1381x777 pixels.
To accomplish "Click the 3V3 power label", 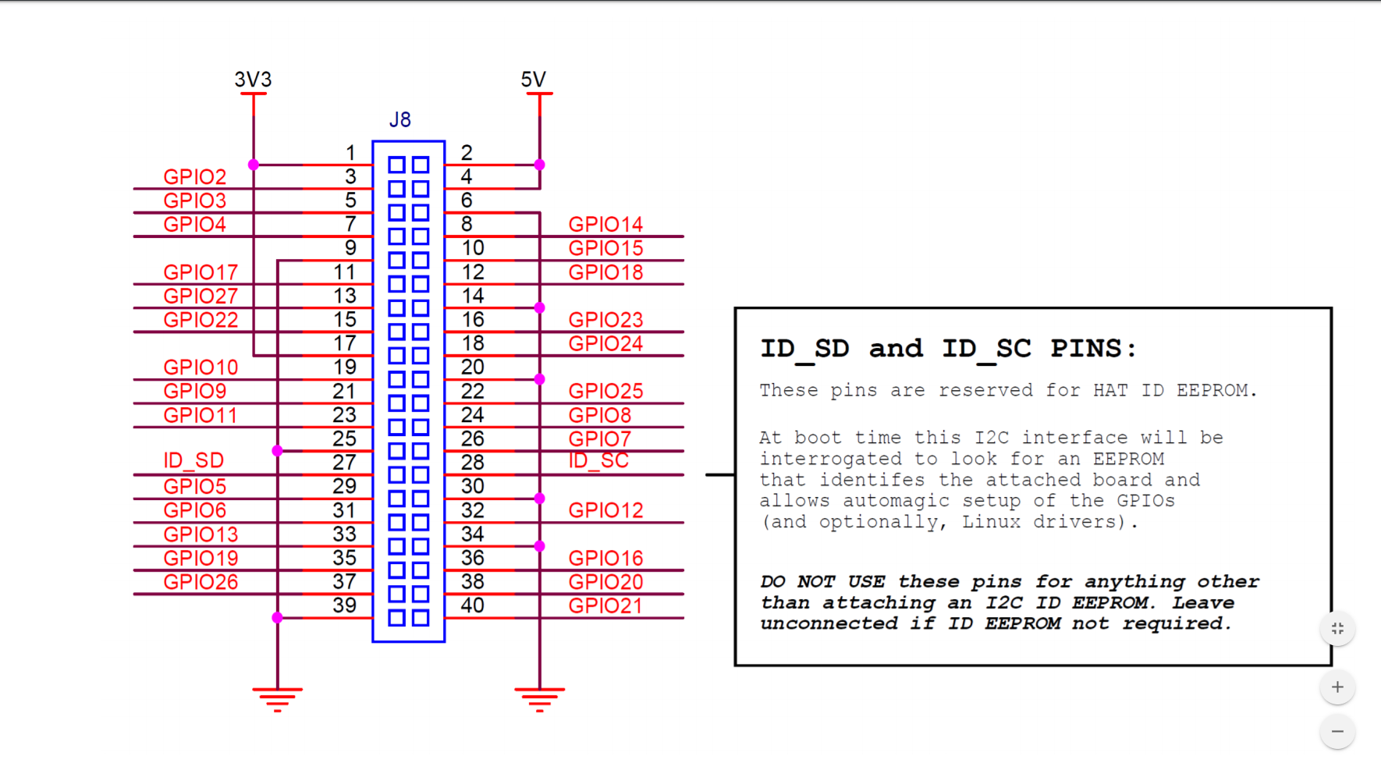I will pyautogui.click(x=253, y=80).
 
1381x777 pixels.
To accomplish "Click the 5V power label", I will pyautogui.click(x=534, y=80).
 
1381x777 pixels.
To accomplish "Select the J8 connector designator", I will pyautogui.click(x=399, y=120).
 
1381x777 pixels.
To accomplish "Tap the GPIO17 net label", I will pyautogui.click(x=201, y=272).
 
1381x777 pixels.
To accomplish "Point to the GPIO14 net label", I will pyautogui.click(x=605, y=225).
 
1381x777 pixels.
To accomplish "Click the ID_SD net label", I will pyautogui.click(x=193, y=461).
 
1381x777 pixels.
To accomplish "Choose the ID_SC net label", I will pyautogui.click(x=598, y=461).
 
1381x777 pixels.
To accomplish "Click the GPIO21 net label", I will pyautogui.click(x=605, y=606).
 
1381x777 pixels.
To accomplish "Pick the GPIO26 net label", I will pyautogui.click(x=201, y=582).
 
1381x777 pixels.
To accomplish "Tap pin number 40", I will pyautogui.click(x=472, y=605).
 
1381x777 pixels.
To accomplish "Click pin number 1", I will pyautogui.click(x=350, y=153).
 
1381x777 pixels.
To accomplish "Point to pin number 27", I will pyautogui.click(x=344, y=463).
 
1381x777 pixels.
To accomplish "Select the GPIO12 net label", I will pyautogui.click(x=605, y=510).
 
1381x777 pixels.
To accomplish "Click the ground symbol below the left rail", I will pyautogui.click(x=277, y=699).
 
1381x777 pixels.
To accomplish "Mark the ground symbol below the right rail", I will pyautogui.click(x=539, y=699).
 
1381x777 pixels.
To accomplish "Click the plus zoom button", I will pyautogui.click(x=1337, y=687).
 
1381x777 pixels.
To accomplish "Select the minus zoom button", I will pyautogui.click(x=1337, y=732).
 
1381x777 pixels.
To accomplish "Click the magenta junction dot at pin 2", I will pyautogui.click(x=539, y=165).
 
